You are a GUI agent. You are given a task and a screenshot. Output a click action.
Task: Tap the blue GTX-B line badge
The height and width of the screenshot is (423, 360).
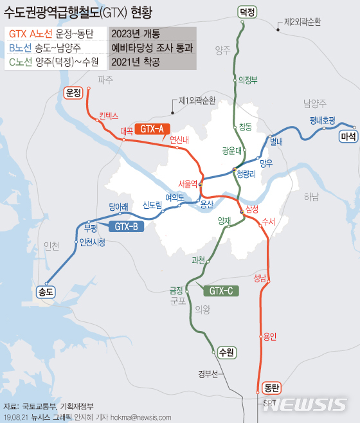tap(127, 226)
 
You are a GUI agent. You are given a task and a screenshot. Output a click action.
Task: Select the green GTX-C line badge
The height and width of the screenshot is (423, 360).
tap(221, 291)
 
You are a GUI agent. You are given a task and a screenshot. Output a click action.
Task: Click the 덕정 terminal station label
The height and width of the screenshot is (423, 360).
tap(246, 12)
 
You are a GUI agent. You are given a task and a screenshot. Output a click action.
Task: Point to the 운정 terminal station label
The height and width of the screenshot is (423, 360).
tap(74, 93)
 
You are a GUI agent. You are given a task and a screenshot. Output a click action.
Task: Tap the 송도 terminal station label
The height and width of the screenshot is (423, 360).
tap(48, 291)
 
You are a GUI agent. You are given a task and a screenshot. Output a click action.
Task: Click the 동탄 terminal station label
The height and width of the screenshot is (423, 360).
tap(272, 388)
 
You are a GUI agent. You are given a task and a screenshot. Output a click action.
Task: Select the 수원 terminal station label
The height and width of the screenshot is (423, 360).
tap(226, 352)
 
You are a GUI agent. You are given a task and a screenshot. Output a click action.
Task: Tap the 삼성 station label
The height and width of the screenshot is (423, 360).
tap(251, 210)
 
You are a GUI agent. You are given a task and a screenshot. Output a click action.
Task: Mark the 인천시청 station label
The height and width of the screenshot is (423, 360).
tap(91, 242)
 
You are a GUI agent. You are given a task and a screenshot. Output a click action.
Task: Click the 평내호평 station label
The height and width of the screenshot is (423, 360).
tap(322, 120)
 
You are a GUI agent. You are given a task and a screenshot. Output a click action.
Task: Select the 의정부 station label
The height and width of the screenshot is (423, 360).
tap(248, 80)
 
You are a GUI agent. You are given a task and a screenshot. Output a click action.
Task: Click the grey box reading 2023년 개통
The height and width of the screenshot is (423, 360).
tap(152, 34)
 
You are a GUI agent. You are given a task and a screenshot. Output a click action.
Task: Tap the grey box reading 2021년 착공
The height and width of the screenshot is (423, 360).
tap(152, 62)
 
